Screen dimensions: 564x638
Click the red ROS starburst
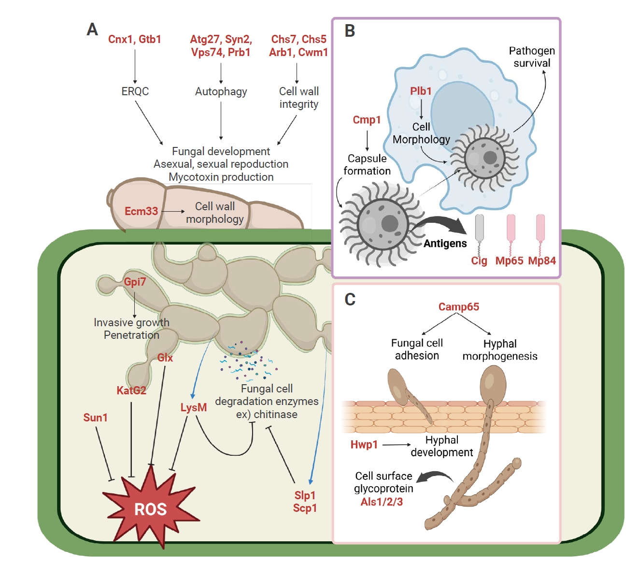(150, 509)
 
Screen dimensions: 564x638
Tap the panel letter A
(92, 30)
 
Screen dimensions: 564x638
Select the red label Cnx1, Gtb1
(134, 40)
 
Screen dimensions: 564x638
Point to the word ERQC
(135, 91)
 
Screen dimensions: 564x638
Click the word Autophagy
(221, 91)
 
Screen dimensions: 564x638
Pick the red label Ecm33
(141, 211)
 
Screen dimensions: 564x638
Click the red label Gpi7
(135, 282)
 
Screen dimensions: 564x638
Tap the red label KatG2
(131, 390)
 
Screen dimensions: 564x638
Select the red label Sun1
(95, 418)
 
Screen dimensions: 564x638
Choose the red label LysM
(193, 408)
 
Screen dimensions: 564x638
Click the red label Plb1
(421, 91)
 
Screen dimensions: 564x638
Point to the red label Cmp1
(367, 120)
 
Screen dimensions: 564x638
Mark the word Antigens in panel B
(445, 244)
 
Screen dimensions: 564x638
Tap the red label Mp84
(542, 261)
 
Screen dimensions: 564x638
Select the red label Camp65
(458, 307)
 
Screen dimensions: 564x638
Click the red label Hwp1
(364, 445)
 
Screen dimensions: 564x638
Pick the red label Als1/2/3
(382, 502)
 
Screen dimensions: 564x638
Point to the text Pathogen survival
(532, 57)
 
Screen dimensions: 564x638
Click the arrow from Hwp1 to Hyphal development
(396, 445)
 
